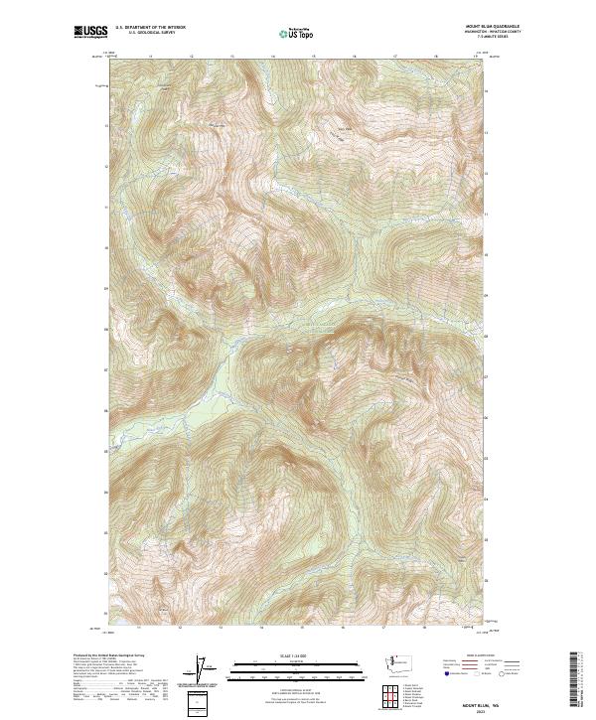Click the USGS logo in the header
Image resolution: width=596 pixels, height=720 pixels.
point(90,33)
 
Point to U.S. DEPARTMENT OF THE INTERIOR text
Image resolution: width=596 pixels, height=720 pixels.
point(150,29)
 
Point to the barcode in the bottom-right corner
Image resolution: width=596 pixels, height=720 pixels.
point(575,680)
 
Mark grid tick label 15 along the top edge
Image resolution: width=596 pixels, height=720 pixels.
point(314,57)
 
